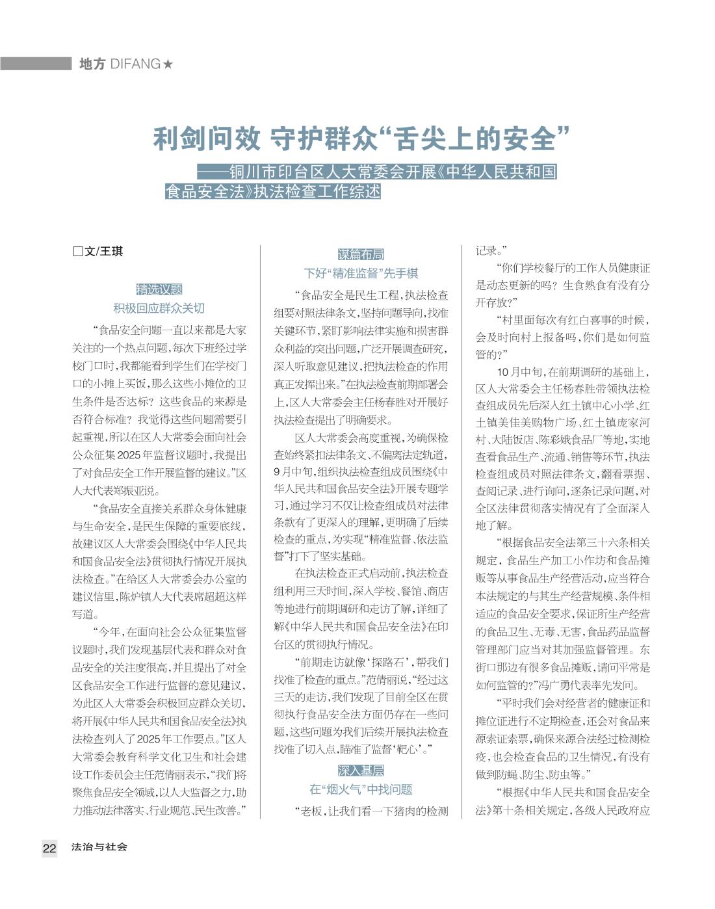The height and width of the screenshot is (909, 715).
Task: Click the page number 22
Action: (49, 848)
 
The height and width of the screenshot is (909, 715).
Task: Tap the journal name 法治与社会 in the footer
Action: (99, 847)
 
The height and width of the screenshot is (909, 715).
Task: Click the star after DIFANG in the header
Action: (168, 64)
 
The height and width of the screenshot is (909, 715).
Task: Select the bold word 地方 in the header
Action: (92, 64)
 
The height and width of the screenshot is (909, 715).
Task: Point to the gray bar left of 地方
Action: (36, 64)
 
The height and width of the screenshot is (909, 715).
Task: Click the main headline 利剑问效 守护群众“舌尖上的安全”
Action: (361, 138)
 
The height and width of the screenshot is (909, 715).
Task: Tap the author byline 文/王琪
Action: (103, 252)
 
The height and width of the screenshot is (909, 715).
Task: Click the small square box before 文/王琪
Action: (77, 252)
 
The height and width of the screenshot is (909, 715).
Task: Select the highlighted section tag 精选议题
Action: (159, 290)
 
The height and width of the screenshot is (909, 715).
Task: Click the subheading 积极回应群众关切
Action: (159, 308)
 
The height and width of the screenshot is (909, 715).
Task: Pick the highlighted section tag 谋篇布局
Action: (361, 254)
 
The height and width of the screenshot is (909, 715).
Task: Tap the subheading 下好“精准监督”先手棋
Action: (361, 273)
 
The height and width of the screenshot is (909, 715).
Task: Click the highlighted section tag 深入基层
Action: (361, 771)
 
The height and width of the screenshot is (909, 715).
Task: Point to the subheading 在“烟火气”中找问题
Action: (361, 789)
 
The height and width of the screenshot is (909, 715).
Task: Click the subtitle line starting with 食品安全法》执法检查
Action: (272, 192)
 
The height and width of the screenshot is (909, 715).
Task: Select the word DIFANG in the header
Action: (136, 64)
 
